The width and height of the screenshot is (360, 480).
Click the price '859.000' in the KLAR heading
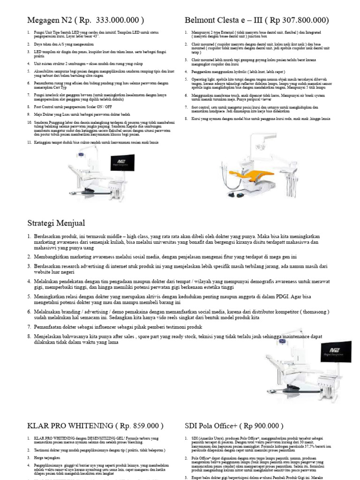pos(143,426)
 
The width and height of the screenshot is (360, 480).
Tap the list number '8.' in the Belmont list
pos(186,119)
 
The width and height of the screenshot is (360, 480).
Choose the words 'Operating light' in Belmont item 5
pos(202,79)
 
